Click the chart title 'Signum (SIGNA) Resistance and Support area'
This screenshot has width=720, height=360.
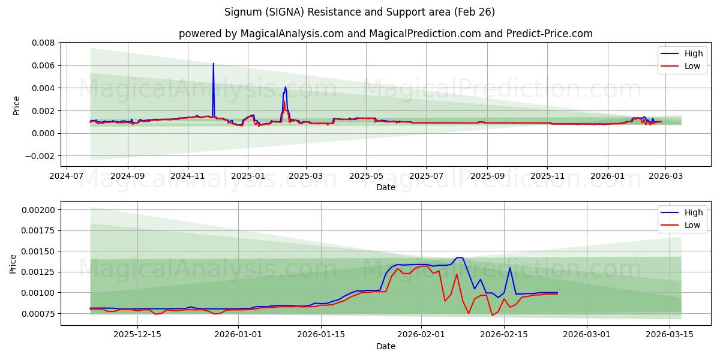[x=360, y=12]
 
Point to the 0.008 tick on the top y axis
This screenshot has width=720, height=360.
[x=43, y=43]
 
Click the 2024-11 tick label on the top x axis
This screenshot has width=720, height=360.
[x=188, y=177]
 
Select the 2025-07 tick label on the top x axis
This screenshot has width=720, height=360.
[x=426, y=177]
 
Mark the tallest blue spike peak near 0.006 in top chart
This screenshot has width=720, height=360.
[x=213, y=64]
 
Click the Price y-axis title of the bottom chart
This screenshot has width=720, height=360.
[x=13, y=263]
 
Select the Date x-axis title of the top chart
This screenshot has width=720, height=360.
[x=385, y=187]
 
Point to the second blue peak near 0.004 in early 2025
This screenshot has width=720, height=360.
[x=285, y=87]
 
